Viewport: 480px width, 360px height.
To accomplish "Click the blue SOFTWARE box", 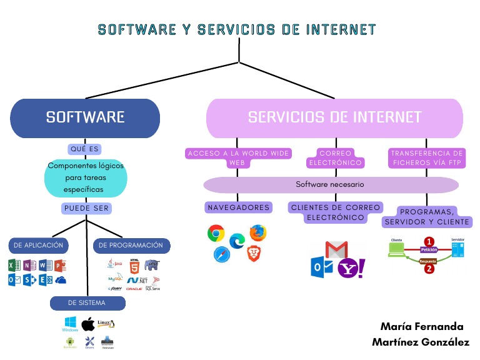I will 85,117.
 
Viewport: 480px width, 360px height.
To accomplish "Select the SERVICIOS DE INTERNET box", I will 334,117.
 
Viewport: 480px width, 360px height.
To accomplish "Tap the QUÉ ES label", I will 85,149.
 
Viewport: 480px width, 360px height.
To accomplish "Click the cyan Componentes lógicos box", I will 85,177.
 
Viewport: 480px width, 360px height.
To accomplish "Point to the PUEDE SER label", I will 85,208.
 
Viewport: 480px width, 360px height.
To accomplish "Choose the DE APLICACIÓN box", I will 39,246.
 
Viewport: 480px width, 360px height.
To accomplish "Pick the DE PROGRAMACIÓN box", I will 131,246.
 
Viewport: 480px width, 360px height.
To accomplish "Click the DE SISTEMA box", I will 87,303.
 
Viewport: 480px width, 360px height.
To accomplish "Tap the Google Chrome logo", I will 216,233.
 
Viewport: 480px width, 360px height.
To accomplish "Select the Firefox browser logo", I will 257,232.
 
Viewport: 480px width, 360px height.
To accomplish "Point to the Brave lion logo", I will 253,253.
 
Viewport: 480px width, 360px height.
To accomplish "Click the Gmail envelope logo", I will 336,250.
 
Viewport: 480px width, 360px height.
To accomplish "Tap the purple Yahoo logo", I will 351,268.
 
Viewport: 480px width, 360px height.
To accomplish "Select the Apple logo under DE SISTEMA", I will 88,324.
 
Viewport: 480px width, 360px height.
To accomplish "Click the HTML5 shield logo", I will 134,268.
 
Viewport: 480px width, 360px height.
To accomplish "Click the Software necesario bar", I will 330,185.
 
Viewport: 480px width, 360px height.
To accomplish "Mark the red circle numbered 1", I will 429,241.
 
